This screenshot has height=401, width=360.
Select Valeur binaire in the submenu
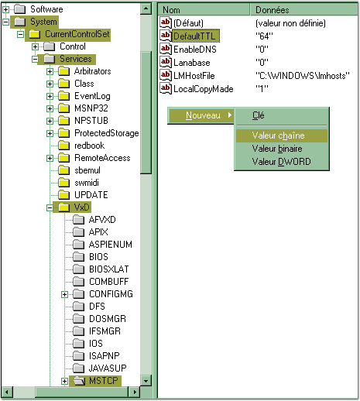click(277, 149)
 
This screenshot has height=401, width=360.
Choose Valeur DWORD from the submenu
click(281, 162)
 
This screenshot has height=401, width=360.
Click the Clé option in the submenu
click(258, 115)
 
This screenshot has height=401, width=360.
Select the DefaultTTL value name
click(194, 36)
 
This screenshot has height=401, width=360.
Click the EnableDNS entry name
click(195, 50)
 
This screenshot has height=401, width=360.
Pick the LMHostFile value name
click(194, 76)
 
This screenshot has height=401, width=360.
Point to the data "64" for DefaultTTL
click(264, 36)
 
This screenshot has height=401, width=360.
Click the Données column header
click(272, 10)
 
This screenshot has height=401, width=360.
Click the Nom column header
click(171, 10)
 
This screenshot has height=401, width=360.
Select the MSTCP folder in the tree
click(104, 381)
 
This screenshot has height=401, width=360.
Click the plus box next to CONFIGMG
click(64, 294)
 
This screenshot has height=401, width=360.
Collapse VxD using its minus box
click(50, 207)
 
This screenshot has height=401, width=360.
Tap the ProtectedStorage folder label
click(107, 133)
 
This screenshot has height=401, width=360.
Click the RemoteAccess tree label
click(102, 158)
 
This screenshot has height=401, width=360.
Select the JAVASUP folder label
click(108, 368)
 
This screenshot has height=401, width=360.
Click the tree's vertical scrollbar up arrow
click(146, 9)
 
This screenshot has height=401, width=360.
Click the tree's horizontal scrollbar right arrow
click(135, 392)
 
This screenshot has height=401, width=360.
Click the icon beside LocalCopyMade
click(166, 88)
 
